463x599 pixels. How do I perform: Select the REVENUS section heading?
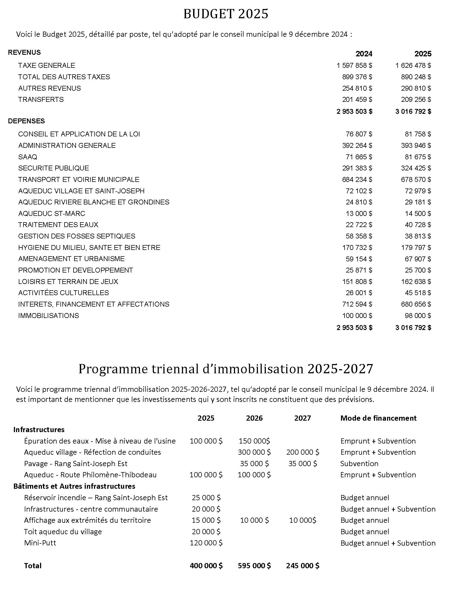[x=25, y=52]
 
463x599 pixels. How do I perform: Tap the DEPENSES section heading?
[x=26, y=121]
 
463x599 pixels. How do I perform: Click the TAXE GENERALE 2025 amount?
[x=413, y=65]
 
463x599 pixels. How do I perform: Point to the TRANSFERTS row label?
[x=41, y=99]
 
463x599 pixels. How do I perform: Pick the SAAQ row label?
[x=28, y=157]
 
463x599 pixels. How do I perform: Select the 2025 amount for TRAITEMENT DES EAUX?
[x=418, y=225]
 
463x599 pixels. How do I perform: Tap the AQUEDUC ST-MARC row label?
[x=51, y=213]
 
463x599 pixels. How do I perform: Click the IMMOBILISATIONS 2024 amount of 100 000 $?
[x=357, y=315]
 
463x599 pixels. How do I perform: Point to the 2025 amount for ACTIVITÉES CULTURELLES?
[x=418, y=293]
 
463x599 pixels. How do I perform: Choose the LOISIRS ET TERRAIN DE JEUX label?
[x=68, y=282]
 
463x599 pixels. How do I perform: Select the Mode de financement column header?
[x=378, y=418]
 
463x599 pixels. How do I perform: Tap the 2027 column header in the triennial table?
[x=302, y=418]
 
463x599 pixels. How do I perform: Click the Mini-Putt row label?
[x=40, y=543]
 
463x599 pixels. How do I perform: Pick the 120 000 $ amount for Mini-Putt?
[x=206, y=543]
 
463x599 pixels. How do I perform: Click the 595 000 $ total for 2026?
[x=254, y=566]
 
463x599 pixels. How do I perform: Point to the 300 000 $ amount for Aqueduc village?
[x=254, y=452]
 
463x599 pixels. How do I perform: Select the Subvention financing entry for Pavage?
[x=359, y=463]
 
